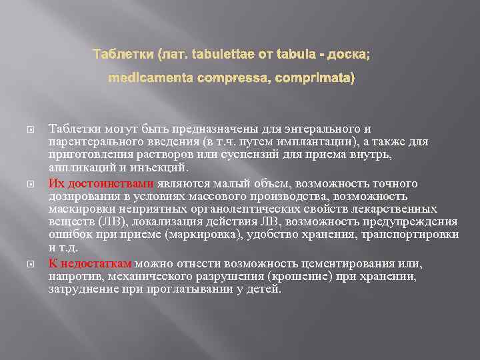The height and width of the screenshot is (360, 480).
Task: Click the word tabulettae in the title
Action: click(223, 53)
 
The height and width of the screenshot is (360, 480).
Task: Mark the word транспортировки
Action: click(418, 235)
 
